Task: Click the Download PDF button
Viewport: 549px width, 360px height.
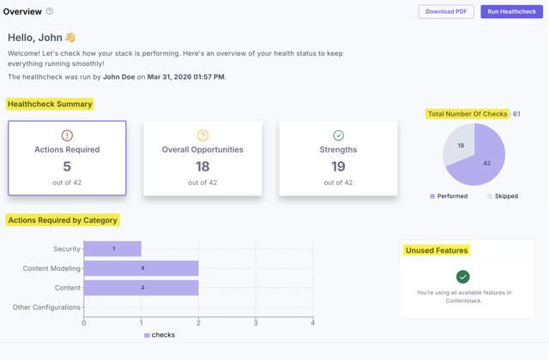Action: tap(446, 12)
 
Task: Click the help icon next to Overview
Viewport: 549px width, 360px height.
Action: tap(50, 12)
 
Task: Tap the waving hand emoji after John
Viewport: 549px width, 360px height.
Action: tap(70, 38)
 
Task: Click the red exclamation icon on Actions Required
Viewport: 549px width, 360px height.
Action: tap(67, 135)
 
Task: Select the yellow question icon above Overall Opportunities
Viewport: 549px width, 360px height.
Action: tap(202, 135)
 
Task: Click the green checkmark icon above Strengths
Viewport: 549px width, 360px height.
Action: tap(338, 135)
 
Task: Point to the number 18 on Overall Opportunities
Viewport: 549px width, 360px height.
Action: tap(202, 166)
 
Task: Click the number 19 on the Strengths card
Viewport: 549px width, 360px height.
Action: tap(338, 166)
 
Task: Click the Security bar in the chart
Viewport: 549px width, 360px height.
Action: tap(112, 249)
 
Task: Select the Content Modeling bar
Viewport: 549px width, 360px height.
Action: tap(142, 268)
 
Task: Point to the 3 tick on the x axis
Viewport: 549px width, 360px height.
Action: tap(256, 323)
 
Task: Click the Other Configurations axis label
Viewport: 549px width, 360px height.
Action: tap(46, 307)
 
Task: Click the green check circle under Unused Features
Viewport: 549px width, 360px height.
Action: tap(463, 276)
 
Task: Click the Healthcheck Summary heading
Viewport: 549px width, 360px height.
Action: tap(50, 104)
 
